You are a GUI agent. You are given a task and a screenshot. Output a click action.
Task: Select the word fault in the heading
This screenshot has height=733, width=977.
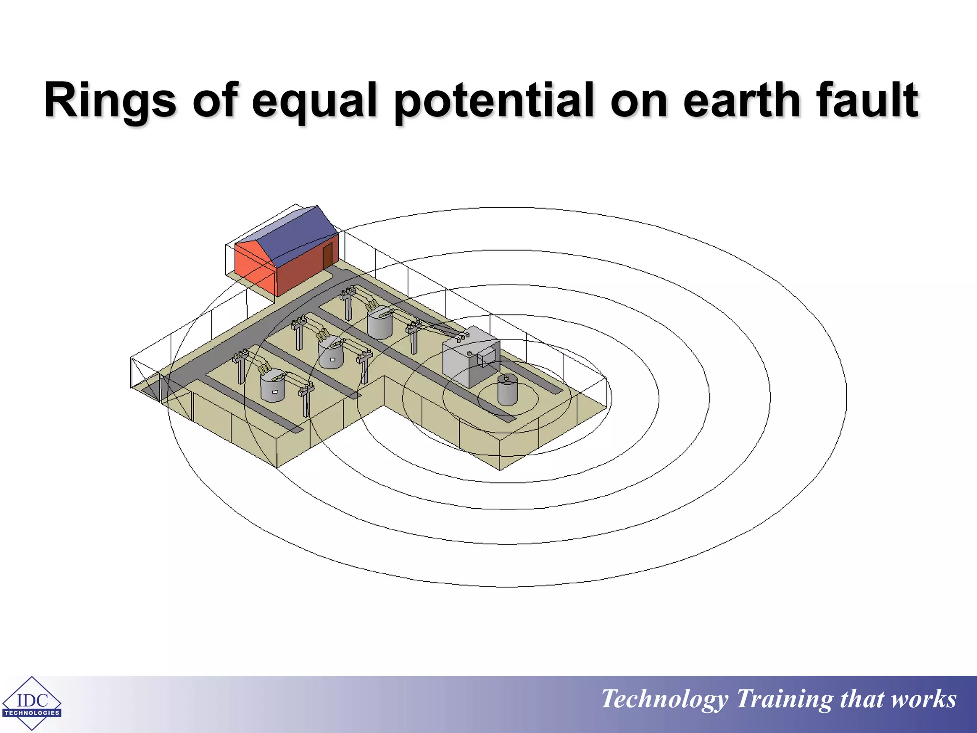(867, 100)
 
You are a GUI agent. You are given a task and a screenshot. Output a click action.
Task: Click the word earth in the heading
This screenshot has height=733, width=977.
(741, 100)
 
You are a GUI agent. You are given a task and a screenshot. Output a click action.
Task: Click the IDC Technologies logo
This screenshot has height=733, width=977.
(31, 703)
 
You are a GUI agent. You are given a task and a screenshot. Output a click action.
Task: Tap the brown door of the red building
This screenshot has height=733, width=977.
(327, 256)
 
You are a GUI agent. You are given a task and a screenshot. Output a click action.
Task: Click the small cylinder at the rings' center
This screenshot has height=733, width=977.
(507, 390)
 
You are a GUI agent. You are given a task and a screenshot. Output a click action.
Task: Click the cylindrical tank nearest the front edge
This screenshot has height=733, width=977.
(272, 387)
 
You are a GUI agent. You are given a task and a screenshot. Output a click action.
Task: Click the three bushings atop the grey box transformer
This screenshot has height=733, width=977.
(462, 337)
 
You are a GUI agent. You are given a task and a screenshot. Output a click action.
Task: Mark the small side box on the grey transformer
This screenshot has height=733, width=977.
(487, 356)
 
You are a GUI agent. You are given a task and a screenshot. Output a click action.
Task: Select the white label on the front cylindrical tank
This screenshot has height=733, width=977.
(275, 391)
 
